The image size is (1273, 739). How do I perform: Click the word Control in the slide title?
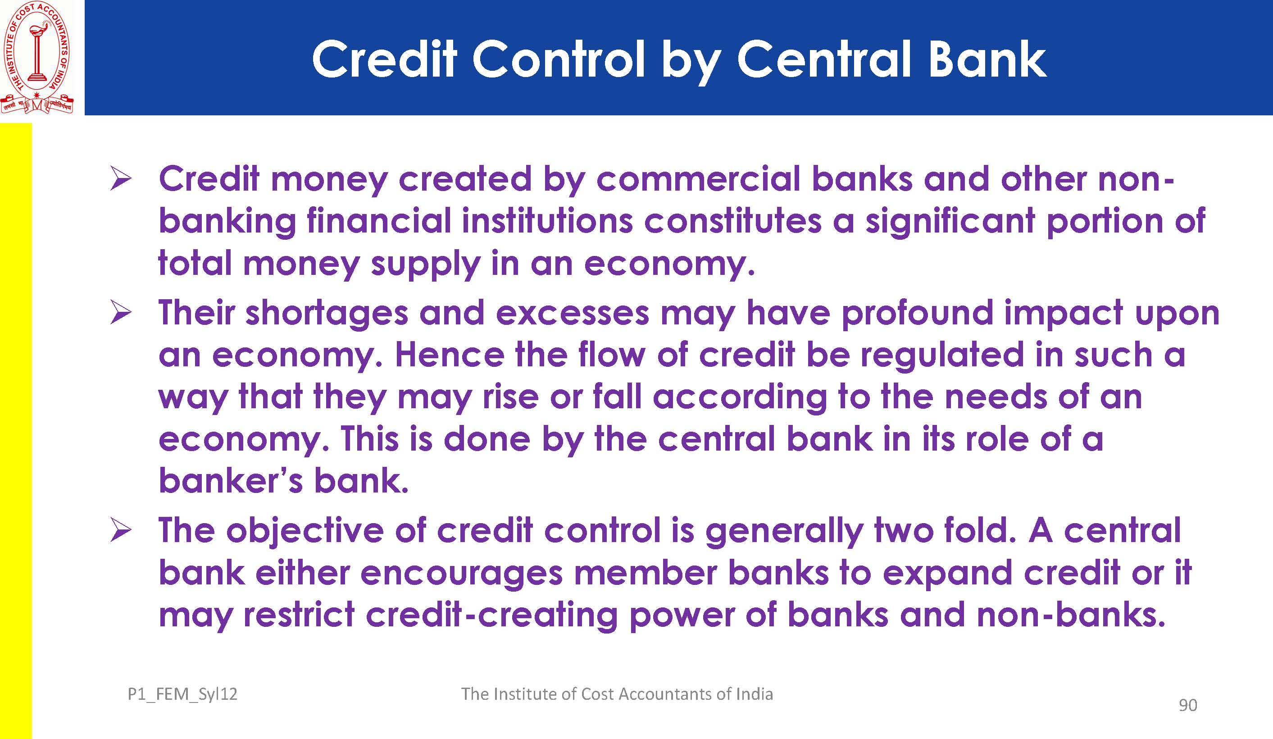coord(559,59)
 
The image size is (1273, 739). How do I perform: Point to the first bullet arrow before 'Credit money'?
coord(121,180)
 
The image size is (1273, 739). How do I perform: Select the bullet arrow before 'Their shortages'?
coord(121,313)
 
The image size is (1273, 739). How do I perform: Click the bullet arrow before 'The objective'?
coord(121,531)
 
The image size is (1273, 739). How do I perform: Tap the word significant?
coord(950,223)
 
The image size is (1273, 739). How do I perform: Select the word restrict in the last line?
coord(299,615)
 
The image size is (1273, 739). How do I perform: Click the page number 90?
coord(1187,705)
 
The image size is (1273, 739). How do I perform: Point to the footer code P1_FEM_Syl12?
coord(182,694)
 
